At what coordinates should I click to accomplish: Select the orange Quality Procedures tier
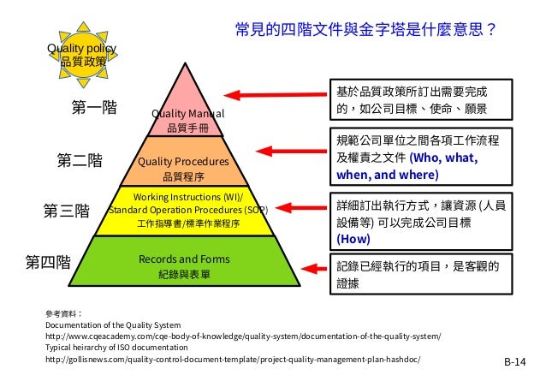point(187,163)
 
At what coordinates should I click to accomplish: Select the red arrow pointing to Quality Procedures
point(294,152)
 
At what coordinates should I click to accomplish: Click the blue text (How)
point(353,239)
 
